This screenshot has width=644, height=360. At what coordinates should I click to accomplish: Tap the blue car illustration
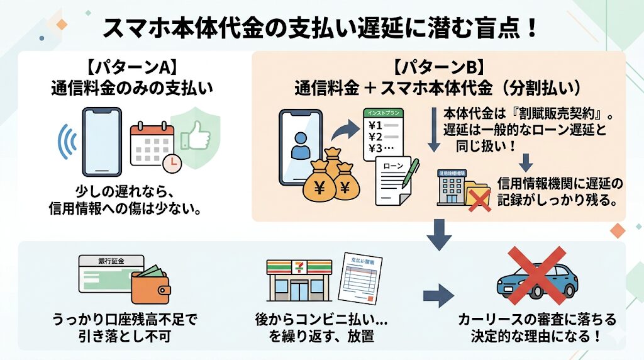coord(536,280)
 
